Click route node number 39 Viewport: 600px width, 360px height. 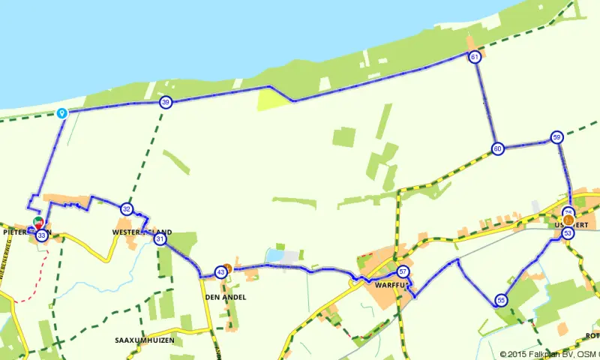pos(165,103)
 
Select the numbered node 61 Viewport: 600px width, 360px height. pos(474,57)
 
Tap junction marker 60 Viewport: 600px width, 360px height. pos(497,148)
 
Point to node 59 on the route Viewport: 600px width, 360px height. pos(556,137)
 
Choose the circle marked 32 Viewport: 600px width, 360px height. pos(127,209)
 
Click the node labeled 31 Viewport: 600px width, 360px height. pos(160,239)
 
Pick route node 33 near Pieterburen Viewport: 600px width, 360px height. pos(41,235)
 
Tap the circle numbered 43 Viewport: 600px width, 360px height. pos(220,271)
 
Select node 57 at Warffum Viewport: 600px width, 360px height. pos(403,271)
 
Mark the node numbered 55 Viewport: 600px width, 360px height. pos(501,301)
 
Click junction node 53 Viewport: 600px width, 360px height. pos(568,233)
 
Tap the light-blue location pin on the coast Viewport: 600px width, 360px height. pos(62,113)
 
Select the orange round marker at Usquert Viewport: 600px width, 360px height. pos(568,220)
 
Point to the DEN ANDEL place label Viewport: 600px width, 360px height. pos(225,297)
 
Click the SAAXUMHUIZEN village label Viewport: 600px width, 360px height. pos(145,340)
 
